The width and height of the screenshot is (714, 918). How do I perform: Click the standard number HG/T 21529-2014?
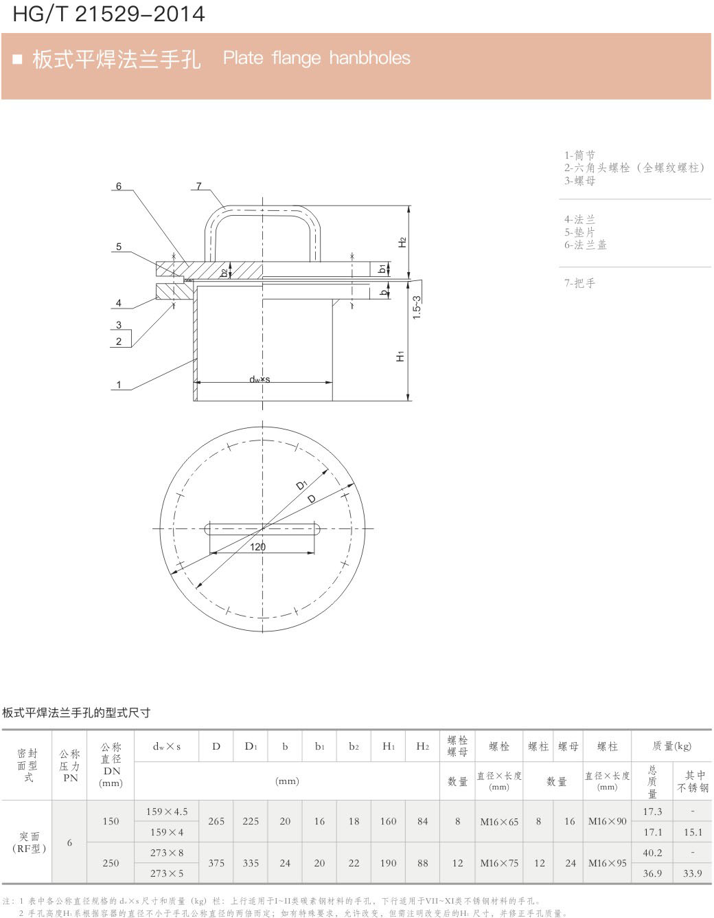coord(109,14)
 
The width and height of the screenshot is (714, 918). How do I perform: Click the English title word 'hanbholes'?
coord(369,58)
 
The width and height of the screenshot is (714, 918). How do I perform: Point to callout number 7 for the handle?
coord(199,186)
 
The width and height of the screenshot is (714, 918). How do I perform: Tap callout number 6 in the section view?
coord(119,186)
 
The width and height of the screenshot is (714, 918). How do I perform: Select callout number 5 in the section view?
coord(119,247)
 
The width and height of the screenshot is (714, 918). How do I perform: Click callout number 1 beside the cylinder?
coord(119,384)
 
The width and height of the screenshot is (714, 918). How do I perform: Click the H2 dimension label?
coord(402,243)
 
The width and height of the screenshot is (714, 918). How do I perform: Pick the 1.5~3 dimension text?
coord(417,307)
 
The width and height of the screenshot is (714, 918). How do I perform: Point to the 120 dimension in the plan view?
coord(257,547)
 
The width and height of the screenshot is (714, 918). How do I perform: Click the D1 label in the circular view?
coord(301,485)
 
